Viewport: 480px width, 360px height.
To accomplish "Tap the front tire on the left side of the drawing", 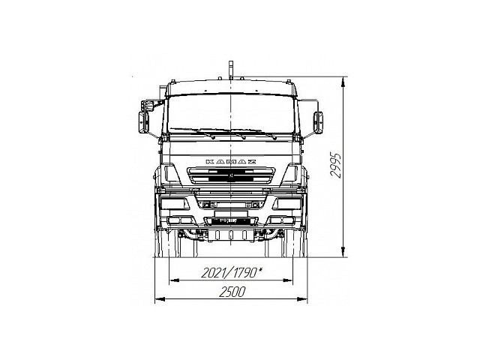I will click(x=170, y=243).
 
